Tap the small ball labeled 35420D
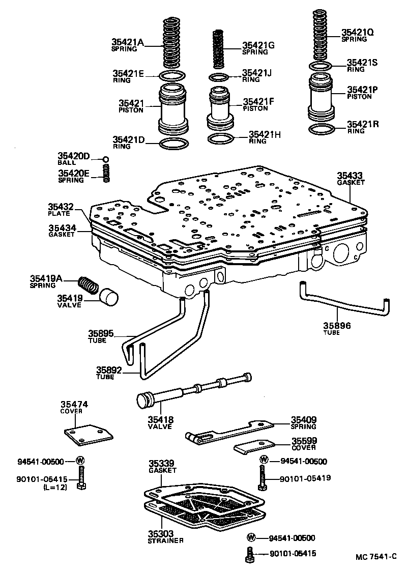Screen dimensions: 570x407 click(x=106, y=159)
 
